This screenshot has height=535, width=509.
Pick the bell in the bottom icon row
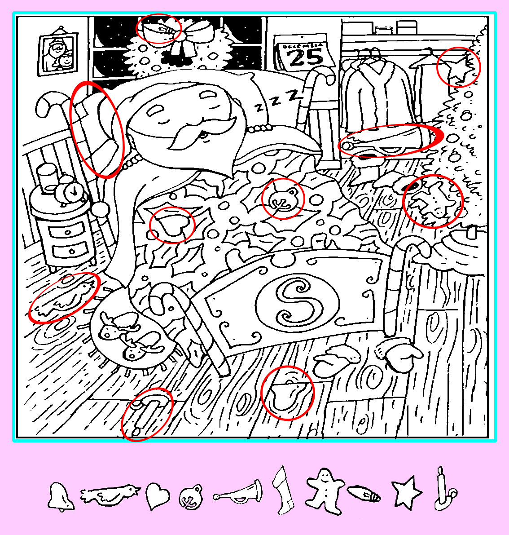60,496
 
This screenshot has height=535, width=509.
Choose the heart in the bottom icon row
157,496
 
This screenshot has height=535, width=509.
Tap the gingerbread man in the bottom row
325,491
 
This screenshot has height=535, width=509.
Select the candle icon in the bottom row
444,488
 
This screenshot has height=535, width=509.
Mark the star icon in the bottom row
406,492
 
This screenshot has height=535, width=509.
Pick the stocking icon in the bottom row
283,490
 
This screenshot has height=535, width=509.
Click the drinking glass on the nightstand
48,178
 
